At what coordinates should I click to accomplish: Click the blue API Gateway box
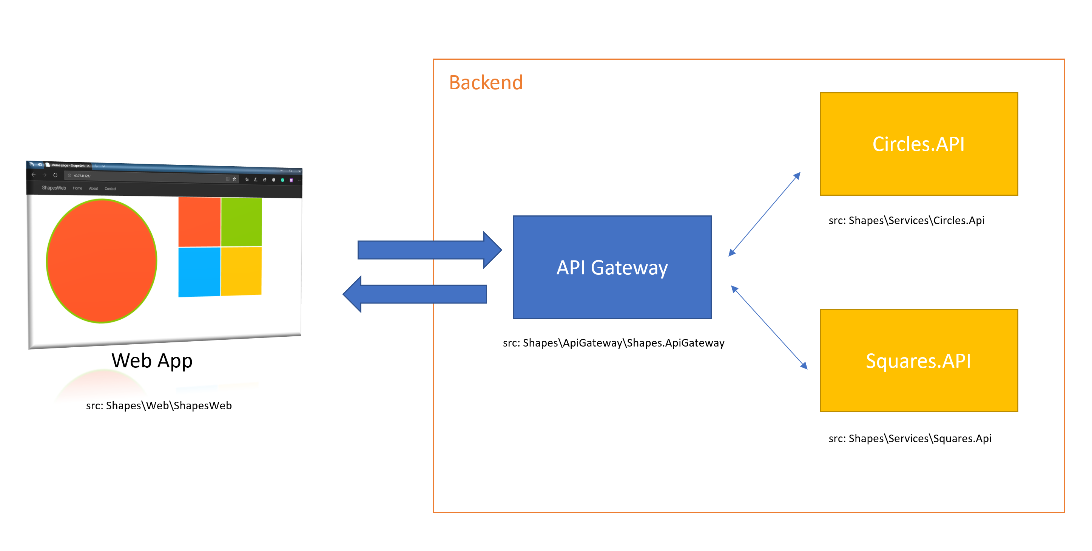612,267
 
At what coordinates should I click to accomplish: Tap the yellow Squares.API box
918,360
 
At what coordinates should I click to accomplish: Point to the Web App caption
152,361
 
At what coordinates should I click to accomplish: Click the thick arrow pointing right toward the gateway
428,250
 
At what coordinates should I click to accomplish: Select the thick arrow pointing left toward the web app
415,294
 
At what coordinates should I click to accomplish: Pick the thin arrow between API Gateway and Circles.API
764,214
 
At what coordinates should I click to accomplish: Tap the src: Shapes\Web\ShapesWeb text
159,406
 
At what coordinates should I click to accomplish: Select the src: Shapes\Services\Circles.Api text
906,221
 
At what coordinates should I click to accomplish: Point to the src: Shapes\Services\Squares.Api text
909,438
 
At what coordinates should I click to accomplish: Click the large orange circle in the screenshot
102,261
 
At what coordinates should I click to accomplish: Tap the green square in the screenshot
241,222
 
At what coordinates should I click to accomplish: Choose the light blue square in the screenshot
199,272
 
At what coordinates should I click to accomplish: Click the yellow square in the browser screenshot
241,271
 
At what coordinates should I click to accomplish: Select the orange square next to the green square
199,222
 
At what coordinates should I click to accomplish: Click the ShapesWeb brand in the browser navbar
54,188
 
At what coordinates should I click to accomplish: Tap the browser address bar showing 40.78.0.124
144,176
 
